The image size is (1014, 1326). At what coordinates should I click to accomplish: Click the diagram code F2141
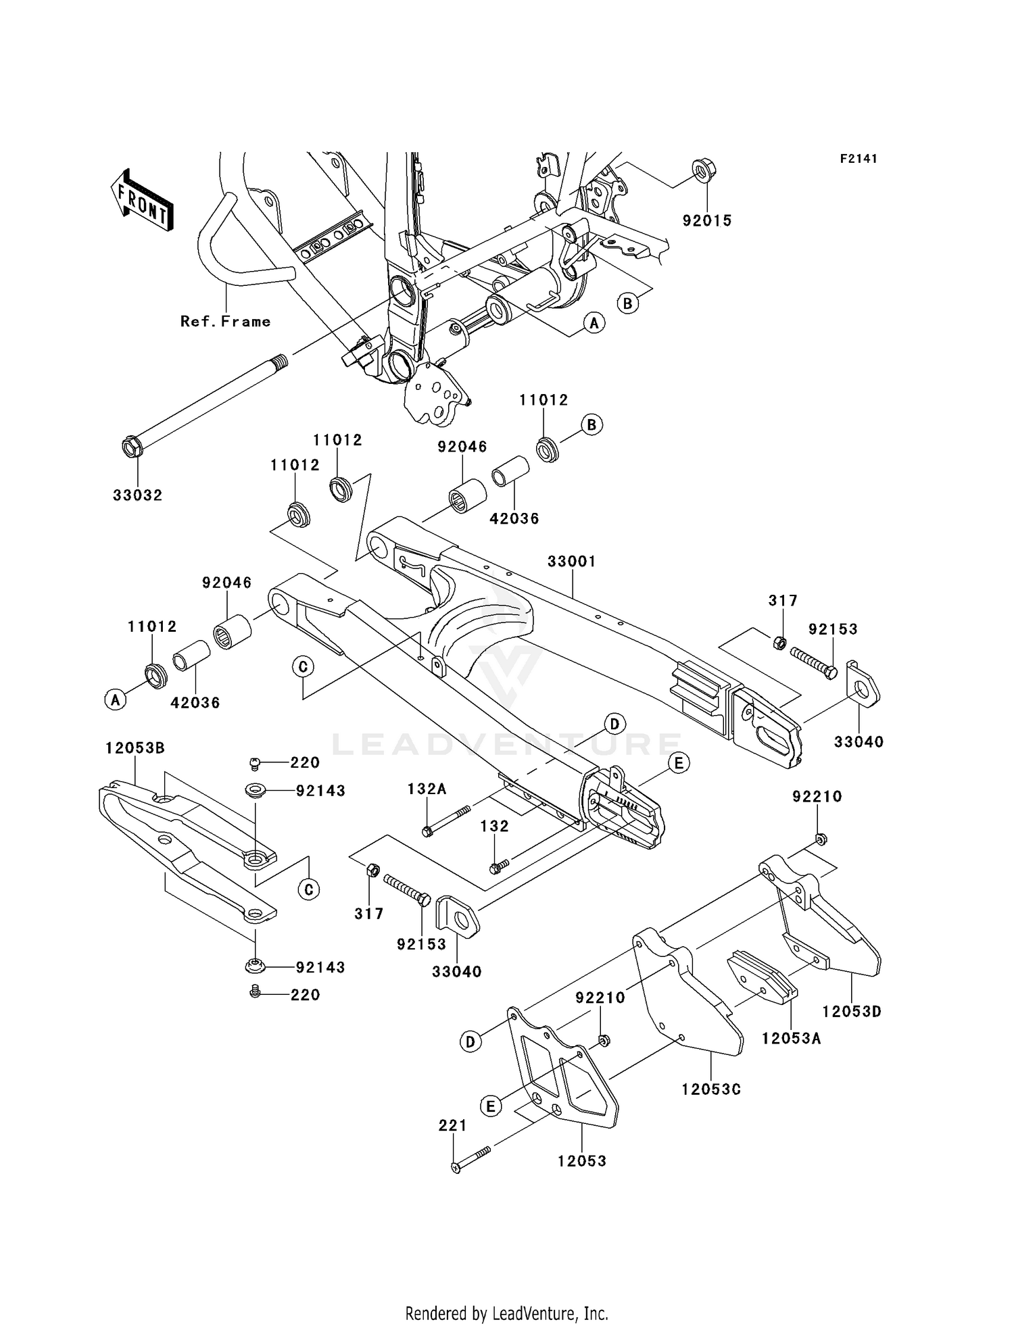pyautogui.click(x=859, y=159)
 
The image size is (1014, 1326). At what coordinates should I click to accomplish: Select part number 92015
pyautogui.click(x=707, y=221)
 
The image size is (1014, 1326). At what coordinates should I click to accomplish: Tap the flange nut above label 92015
pyautogui.click(x=704, y=170)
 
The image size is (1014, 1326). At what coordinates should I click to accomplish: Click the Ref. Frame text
pyautogui.click(x=225, y=322)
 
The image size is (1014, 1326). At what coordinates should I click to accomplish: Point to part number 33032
pyautogui.click(x=138, y=495)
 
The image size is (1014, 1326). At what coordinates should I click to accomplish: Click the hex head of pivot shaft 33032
pyautogui.click(x=131, y=447)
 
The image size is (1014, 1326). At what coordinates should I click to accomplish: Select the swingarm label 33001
pyautogui.click(x=572, y=562)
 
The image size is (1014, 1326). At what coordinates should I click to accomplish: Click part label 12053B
pyautogui.click(x=135, y=748)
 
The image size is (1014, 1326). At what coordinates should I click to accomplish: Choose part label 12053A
pyautogui.click(x=792, y=1039)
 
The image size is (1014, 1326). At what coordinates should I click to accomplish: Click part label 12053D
pyautogui.click(x=852, y=1012)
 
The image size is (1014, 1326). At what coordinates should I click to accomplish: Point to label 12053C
pyautogui.click(x=711, y=1089)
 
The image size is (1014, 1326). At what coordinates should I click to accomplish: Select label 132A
pyautogui.click(x=427, y=789)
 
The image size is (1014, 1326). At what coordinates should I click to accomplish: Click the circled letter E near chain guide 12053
pyautogui.click(x=491, y=1106)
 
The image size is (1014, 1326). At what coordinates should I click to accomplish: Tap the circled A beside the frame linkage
pyautogui.click(x=594, y=324)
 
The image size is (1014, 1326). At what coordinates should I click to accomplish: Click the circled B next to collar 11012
pyautogui.click(x=592, y=425)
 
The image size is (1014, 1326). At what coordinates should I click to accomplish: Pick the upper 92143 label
pyautogui.click(x=320, y=791)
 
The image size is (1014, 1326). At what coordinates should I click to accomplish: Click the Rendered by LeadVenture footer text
pyautogui.click(x=506, y=1314)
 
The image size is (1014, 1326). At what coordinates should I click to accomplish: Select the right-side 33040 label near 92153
pyautogui.click(x=859, y=742)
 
